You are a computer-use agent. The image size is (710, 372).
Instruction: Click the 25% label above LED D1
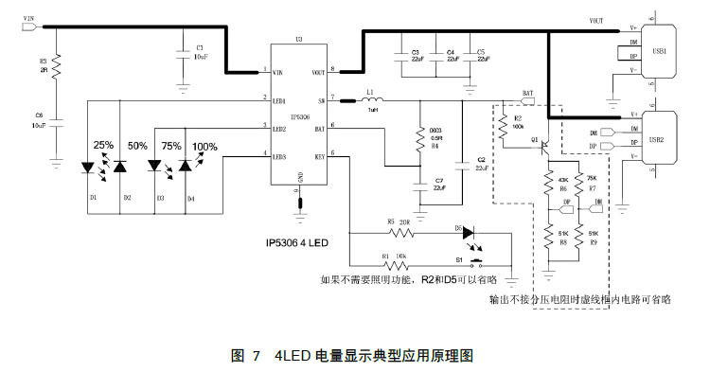103,146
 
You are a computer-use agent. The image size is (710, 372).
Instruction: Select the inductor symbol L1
369,98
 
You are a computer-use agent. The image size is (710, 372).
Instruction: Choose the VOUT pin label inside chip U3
317,72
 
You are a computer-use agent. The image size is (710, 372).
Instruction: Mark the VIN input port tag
27,27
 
